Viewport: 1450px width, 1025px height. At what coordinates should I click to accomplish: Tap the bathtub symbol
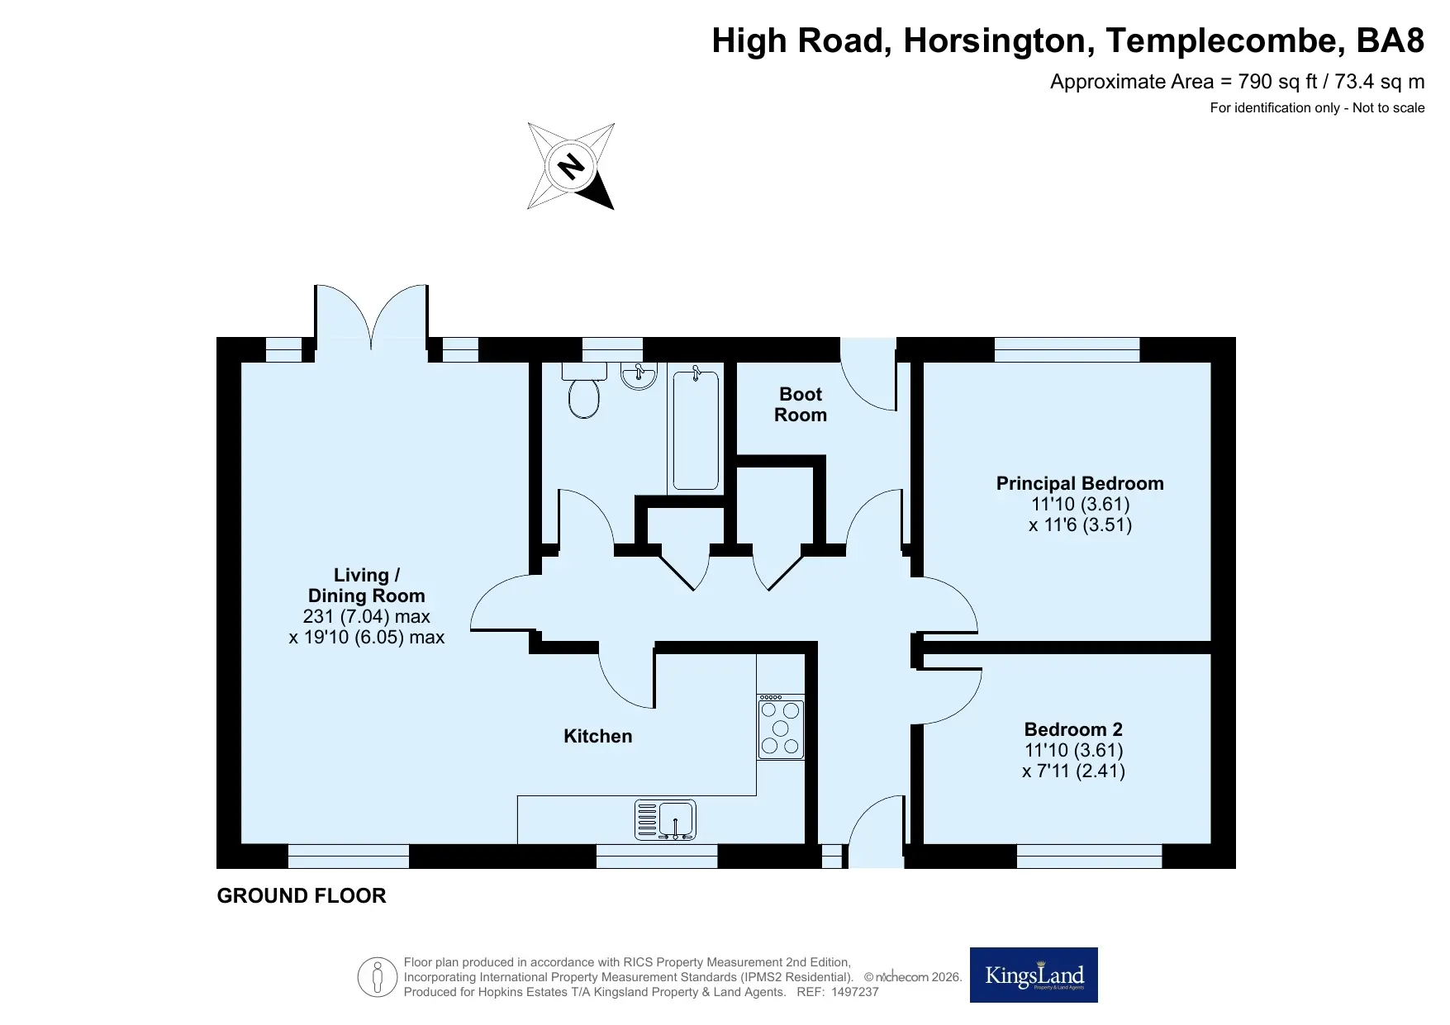tap(696, 429)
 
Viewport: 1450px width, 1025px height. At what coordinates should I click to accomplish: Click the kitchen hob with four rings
tap(781, 726)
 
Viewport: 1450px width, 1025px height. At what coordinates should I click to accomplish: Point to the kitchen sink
tap(665, 820)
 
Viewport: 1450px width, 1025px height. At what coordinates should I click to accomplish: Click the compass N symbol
tap(571, 166)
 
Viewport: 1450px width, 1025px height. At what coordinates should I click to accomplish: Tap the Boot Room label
tap(801, 405)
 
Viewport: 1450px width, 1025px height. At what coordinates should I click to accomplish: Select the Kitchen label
tap(598, 736)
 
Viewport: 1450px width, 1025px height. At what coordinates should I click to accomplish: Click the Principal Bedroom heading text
tap(1080, 483)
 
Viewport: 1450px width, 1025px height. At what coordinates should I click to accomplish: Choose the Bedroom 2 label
tap(1073, 729)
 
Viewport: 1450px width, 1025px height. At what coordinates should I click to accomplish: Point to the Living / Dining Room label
tap(367, 586)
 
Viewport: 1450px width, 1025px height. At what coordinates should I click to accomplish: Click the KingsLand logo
tap(1034, 975)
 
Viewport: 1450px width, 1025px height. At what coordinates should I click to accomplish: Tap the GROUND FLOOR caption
tap(302, 896)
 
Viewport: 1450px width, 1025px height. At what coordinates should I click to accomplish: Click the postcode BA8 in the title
tap(1391, 40)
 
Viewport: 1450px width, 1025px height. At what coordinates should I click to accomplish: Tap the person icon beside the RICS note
tap(378, 978)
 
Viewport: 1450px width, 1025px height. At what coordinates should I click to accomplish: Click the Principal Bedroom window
tap(1067, 349)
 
